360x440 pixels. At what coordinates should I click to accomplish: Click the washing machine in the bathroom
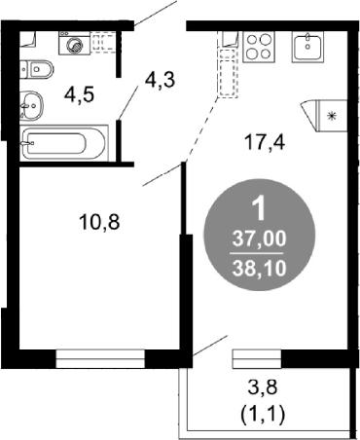tap(74, 43)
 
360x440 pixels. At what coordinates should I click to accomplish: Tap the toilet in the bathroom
tap(36, 69)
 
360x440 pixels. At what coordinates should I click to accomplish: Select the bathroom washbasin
tap(31, 105)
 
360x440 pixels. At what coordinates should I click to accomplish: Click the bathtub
tap(64, 143)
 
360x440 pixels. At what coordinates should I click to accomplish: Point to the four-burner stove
tap(259, 47)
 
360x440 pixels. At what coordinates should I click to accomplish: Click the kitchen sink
tap(307, 47)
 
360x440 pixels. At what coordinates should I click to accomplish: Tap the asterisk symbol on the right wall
tap(332, 116)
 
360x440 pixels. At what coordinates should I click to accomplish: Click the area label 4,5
tap(79, 95)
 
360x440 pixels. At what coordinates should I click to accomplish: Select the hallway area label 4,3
tap(161, 80)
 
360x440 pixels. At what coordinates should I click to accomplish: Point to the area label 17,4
tap(266, 142)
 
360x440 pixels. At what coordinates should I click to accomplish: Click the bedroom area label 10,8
tap(99, 223)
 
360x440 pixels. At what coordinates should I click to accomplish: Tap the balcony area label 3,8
tap(263, 387)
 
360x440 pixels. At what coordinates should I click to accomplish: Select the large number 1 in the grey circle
tap(259, 209)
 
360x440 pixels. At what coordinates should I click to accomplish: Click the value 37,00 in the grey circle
tap(260, 239)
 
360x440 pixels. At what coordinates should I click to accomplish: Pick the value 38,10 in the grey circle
tap(260, 269)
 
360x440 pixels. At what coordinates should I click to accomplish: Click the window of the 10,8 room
tap(100, 358)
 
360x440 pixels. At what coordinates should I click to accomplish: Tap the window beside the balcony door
tap(257, 358)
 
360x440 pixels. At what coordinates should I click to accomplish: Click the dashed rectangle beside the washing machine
tap(104, 42)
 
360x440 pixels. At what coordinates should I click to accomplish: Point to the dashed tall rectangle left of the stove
tap(228, 73)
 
